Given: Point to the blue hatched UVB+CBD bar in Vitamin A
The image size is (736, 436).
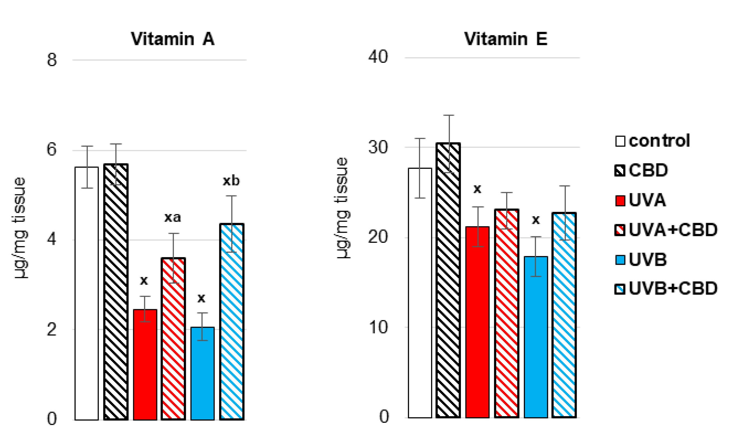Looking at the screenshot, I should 231,323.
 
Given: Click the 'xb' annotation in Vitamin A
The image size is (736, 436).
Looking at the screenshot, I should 231,181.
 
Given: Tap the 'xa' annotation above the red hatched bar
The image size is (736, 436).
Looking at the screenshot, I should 172,218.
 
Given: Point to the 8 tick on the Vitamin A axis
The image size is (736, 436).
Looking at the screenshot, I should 52,60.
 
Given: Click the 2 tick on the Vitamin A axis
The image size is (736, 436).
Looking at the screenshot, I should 52,330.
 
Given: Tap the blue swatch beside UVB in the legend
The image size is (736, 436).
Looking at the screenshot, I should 620,260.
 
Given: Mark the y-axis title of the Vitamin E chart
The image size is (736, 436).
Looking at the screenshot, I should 342,208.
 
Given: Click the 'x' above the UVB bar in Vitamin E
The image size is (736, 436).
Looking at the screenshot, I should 536,220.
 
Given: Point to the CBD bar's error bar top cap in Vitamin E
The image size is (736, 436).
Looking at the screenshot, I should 449,115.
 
